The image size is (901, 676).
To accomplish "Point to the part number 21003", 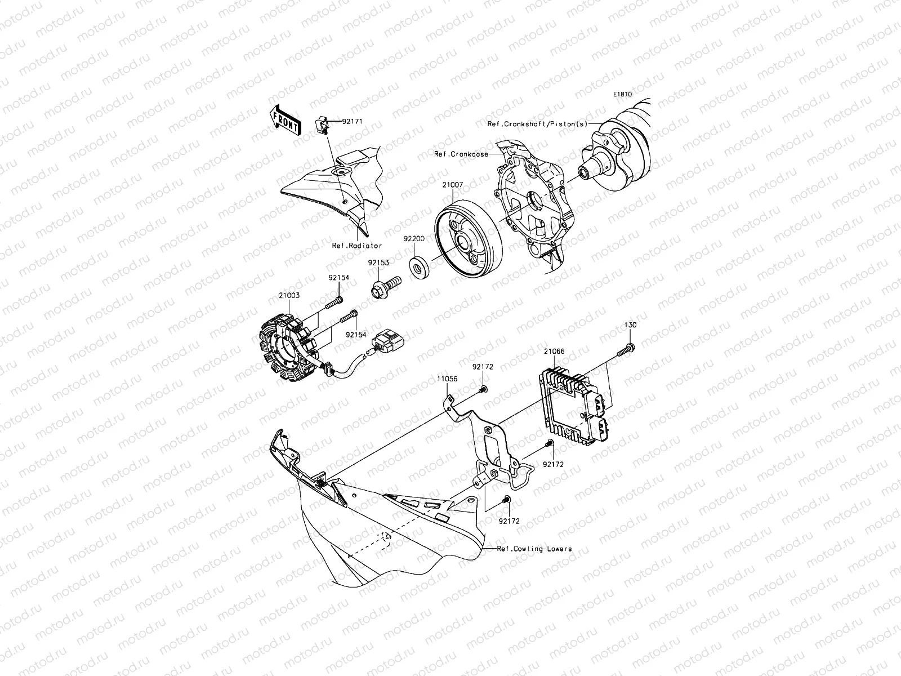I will (289, 295).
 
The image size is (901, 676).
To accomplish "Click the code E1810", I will (623, 95).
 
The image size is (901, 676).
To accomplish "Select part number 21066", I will (554, 352).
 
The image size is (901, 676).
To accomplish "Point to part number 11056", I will (447, 380).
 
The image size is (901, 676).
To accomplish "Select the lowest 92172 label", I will (509, 521).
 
